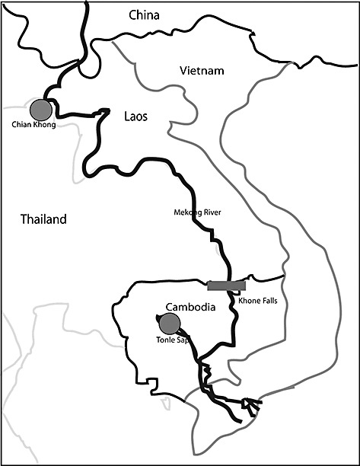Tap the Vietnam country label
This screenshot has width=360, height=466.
click(x=202, y=71)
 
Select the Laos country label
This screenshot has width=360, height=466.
click(x=135, y=116)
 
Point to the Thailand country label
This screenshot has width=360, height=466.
click(x=43, y=219)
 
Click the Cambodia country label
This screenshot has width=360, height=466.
click(x=187, y=307)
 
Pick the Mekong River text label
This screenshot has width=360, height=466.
click(x=196, y=212)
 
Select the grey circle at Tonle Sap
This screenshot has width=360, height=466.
click(x=170, y=324)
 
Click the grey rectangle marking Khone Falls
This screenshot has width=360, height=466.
click(x=226, y=286)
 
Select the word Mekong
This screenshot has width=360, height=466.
click(x=186, y=212)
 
